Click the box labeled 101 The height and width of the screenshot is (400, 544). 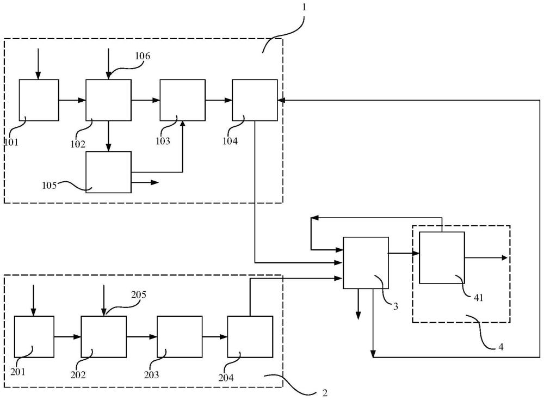tap(39, 100)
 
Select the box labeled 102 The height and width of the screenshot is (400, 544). tap(109, 100)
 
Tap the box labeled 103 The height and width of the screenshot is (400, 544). tap(182, 100)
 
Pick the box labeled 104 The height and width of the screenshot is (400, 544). tap(255, 100)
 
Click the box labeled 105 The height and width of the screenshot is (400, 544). tap(109, 172)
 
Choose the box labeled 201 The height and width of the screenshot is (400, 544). tap(34, 336)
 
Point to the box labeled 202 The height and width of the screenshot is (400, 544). tap(104, 336)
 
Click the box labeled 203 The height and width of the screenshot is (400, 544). tap(180, 336)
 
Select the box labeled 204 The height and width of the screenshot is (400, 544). tap(250, 336)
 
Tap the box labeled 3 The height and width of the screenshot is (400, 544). tap(366, 263)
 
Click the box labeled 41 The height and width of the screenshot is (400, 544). tap(442, 257)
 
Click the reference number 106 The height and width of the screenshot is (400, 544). tap(142, 56)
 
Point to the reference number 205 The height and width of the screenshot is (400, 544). tap(138, 295)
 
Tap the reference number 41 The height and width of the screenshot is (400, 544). tap(478, 298)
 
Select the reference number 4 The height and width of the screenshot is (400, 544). tap(500, 347)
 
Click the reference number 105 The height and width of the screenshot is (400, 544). tap(50, 186)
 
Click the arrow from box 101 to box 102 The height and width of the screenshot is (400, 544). tap(72, 100)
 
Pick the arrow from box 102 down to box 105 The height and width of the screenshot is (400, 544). tap(109, 136)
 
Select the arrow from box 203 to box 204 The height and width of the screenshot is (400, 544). tap(215, 336)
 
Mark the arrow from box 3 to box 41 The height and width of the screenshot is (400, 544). tap(404, 253)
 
